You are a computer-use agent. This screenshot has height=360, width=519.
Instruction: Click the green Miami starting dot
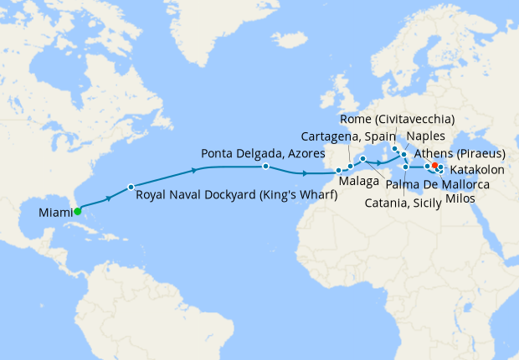click(x=77, y=212)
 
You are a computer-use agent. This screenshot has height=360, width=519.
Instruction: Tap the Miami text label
click(x=54, y=214)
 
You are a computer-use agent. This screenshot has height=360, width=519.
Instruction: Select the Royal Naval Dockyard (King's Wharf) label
click(x=236, y=197)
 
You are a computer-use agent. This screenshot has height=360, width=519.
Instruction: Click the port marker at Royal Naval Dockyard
click(x=131, y=186)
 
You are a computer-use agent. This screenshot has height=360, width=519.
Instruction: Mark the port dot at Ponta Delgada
click(x=265, y=167)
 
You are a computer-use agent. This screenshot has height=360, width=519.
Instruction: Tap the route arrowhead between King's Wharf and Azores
click(x=195, y=170)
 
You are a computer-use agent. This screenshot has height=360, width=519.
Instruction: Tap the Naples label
click(x=427, y=136)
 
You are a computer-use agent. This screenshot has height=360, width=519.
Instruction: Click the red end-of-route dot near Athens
click(x=435, y=166)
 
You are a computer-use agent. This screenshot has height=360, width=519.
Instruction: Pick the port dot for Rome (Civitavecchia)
click(x=395, y=149)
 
